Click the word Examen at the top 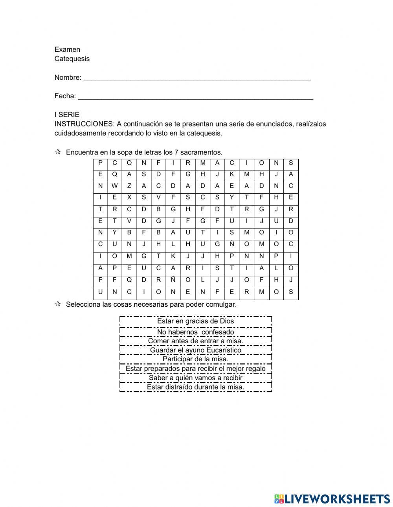67,49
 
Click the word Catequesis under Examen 72,59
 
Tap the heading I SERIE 67,115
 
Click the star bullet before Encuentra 58,152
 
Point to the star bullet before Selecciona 58,304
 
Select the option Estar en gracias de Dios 195,321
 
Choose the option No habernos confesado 195,332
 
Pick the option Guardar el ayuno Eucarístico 195,350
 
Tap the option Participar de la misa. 195,359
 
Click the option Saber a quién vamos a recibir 195,378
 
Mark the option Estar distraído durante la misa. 195,387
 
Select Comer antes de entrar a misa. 195,341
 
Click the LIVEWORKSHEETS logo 332,499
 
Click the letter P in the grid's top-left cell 101,163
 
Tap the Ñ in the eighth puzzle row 232,244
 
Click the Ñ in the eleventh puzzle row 173,280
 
